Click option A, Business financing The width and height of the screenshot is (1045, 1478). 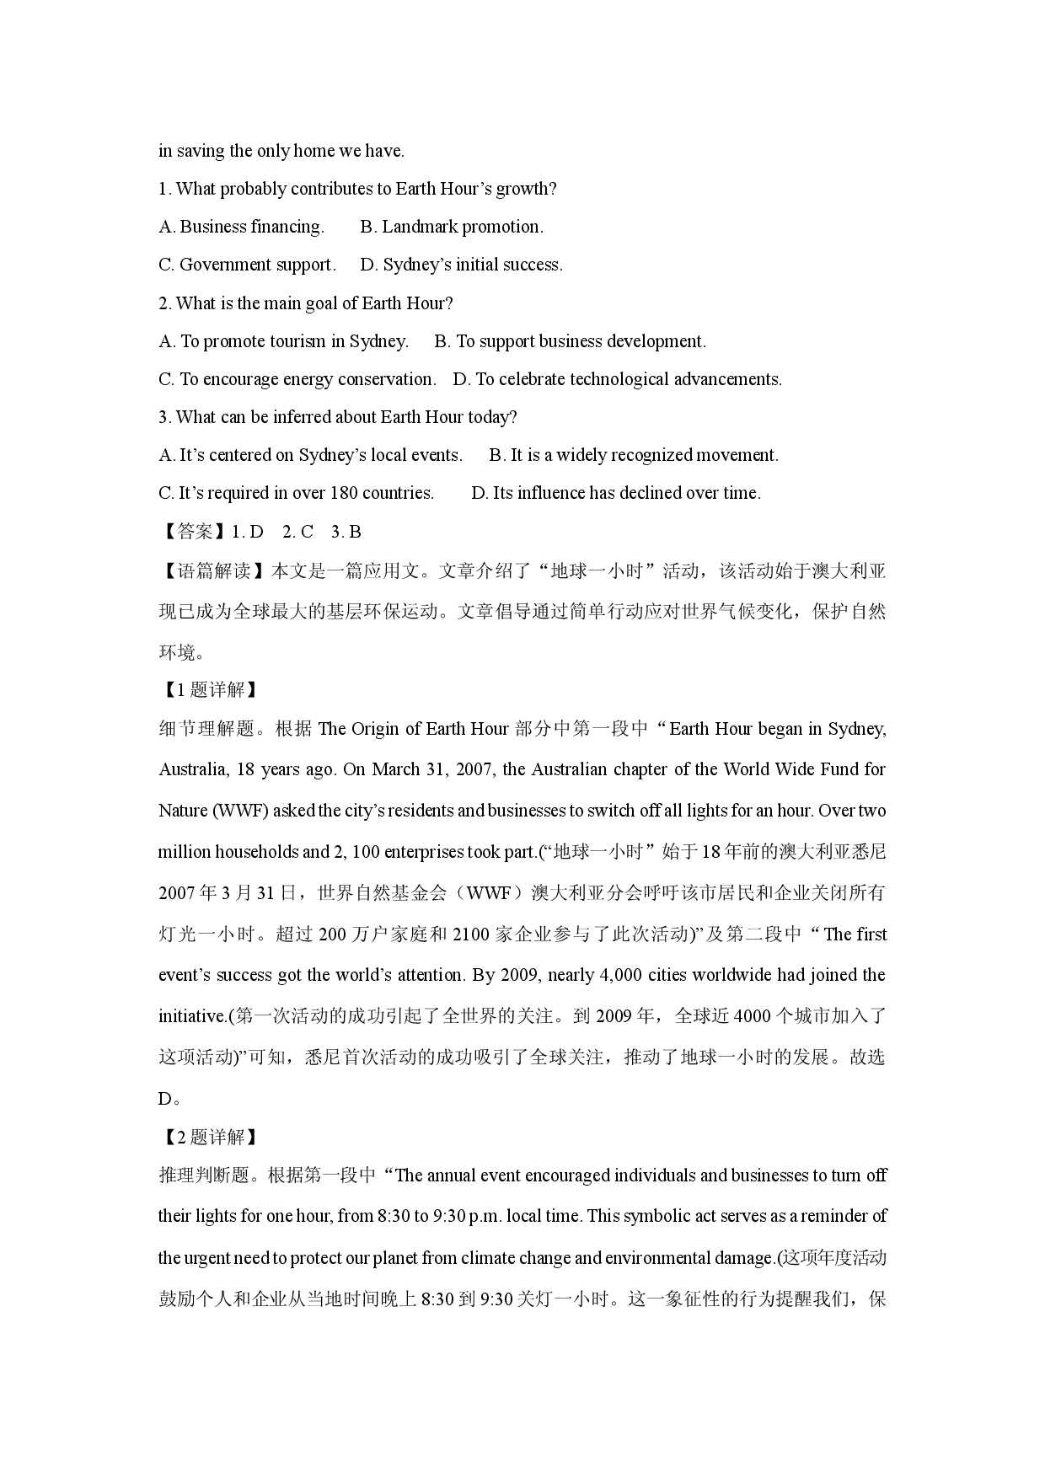coord(241,227)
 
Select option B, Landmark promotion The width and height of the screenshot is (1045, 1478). coord(452,227)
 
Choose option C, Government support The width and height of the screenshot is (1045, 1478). coord(247,265)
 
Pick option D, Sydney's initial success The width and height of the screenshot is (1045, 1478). coord(461,265)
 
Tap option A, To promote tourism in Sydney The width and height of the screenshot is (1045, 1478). coord(283,341)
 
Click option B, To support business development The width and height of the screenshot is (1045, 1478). coord(570,341)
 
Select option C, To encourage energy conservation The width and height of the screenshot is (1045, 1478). coord(297,379)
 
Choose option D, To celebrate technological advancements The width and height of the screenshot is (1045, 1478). coord(617,379)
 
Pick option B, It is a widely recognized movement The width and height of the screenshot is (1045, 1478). coord(634,455)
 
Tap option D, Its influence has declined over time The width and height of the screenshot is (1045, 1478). coord(616,493)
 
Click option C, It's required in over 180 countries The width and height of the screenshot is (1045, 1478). coord(296,493)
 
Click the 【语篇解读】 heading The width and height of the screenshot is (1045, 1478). coord(212,571)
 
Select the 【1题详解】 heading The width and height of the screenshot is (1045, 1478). coord(207,689)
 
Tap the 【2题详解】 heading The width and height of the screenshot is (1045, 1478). coord(207,1137)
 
